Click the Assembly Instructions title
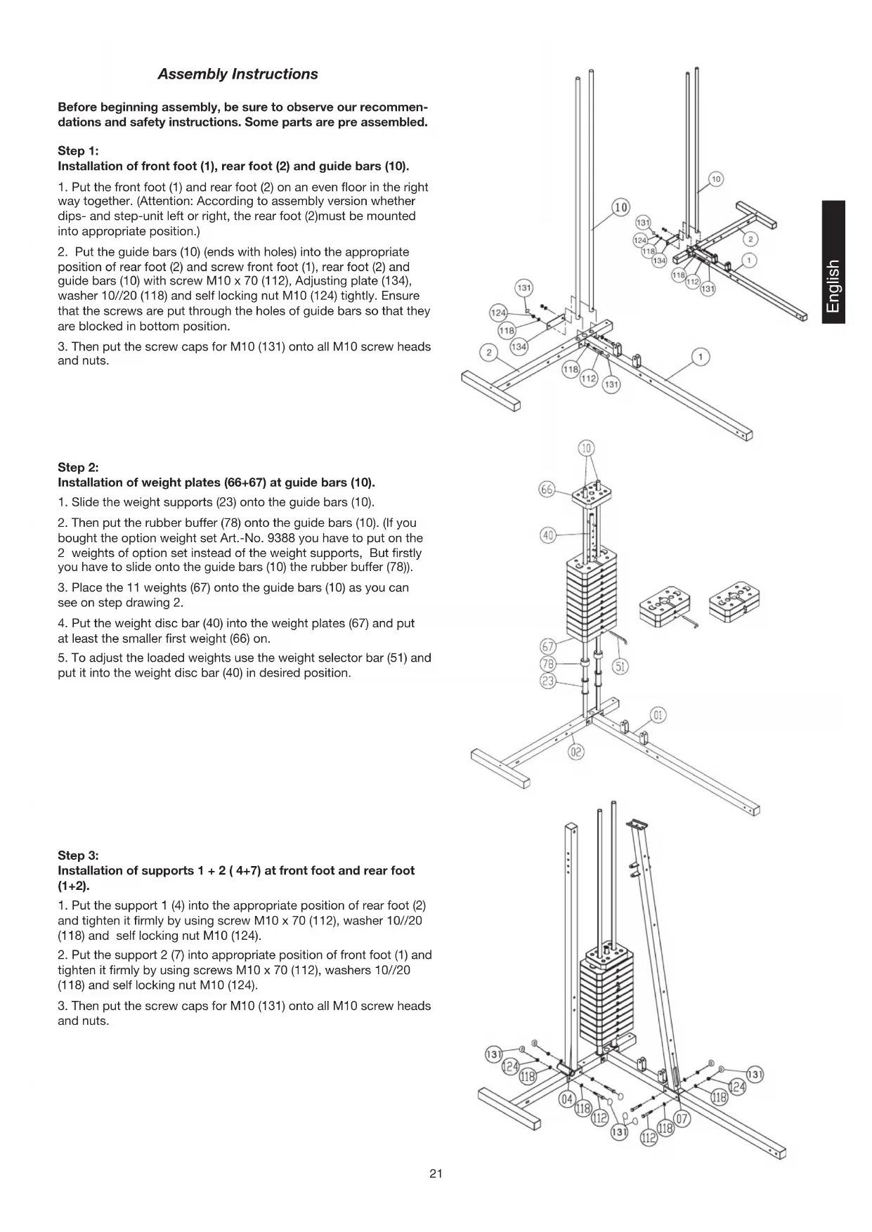click(237, 74)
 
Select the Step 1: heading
click(78, 151)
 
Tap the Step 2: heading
click(78, 468)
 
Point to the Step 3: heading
click(78, 856)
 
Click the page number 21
click(436, 1174)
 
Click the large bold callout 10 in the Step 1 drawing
click(621, 207)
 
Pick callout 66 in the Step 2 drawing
click(547, 490)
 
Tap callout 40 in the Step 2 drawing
click(548, 535)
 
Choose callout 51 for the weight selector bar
click(620, 666)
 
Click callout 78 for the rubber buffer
click(547, 664)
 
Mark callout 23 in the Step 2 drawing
click(547, 680)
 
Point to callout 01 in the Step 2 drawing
click(658, 716)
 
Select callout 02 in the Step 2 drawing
click(576, 752)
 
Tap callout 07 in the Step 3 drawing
click(681, 1118)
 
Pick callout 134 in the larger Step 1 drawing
click(519, 346)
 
